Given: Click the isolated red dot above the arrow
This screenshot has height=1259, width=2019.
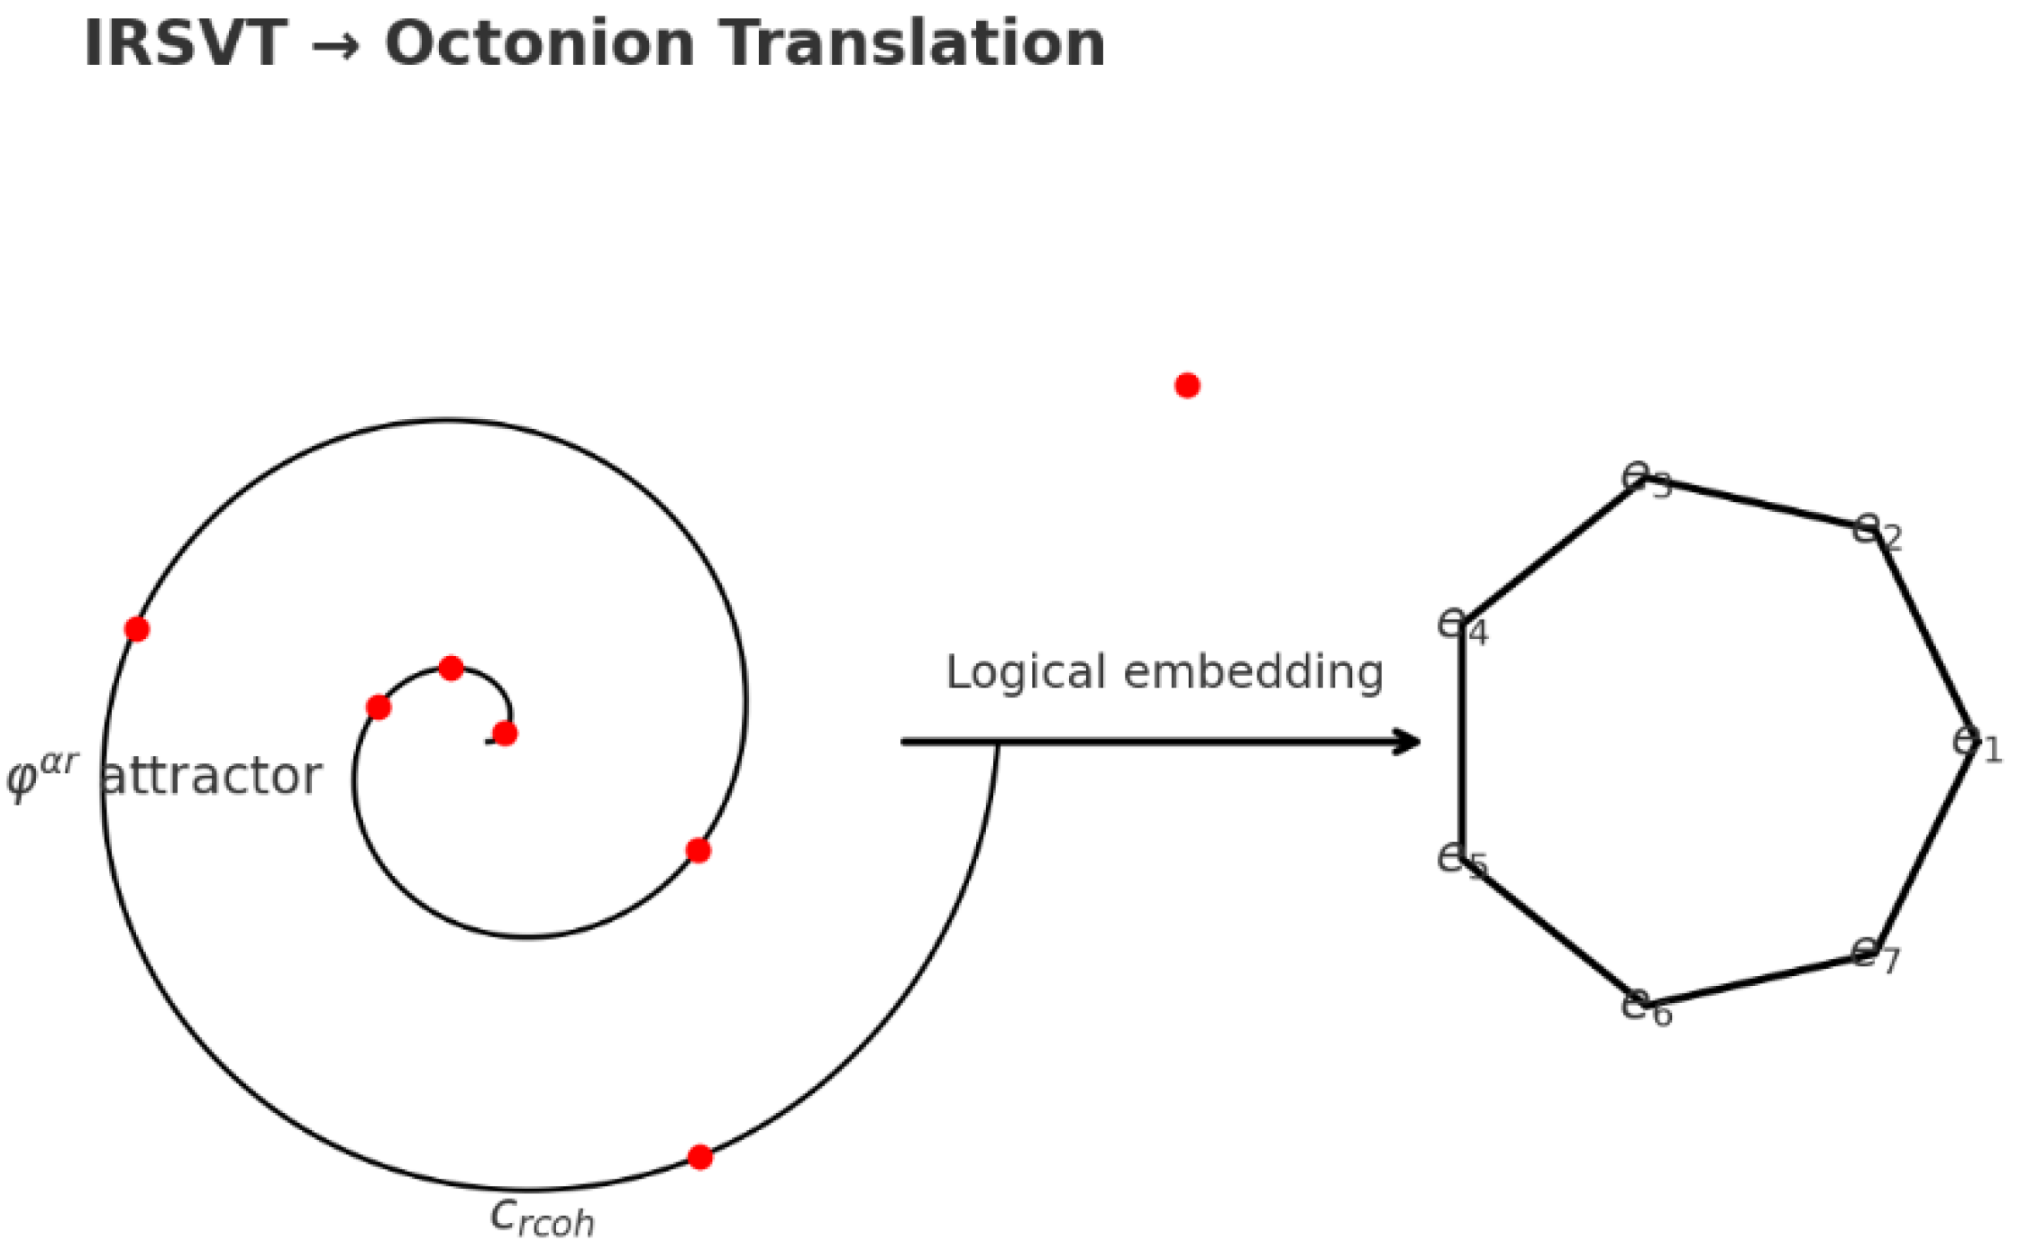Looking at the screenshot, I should point(1187,386).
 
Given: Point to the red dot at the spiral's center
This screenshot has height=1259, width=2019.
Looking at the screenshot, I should point(505,734).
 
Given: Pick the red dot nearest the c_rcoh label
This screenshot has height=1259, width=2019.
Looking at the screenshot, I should point(699,1157).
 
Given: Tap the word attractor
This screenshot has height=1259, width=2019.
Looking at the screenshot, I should point(211,776).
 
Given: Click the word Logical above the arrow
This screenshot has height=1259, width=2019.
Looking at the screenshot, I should point(1026,672).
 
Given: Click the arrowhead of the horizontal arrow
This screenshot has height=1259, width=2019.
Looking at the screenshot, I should point(1409,743).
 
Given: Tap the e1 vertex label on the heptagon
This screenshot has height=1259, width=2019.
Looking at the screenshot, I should point(1978,745).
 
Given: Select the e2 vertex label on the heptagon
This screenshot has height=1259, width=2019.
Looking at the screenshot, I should point(1877,533).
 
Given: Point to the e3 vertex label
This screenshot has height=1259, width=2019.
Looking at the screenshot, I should point(1647,480).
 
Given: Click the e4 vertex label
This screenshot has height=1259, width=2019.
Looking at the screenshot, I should point(1463,627).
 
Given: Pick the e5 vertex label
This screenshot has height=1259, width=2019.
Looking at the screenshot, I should point(1461,862).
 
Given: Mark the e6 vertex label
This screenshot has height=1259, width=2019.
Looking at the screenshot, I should point(1647,1008).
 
